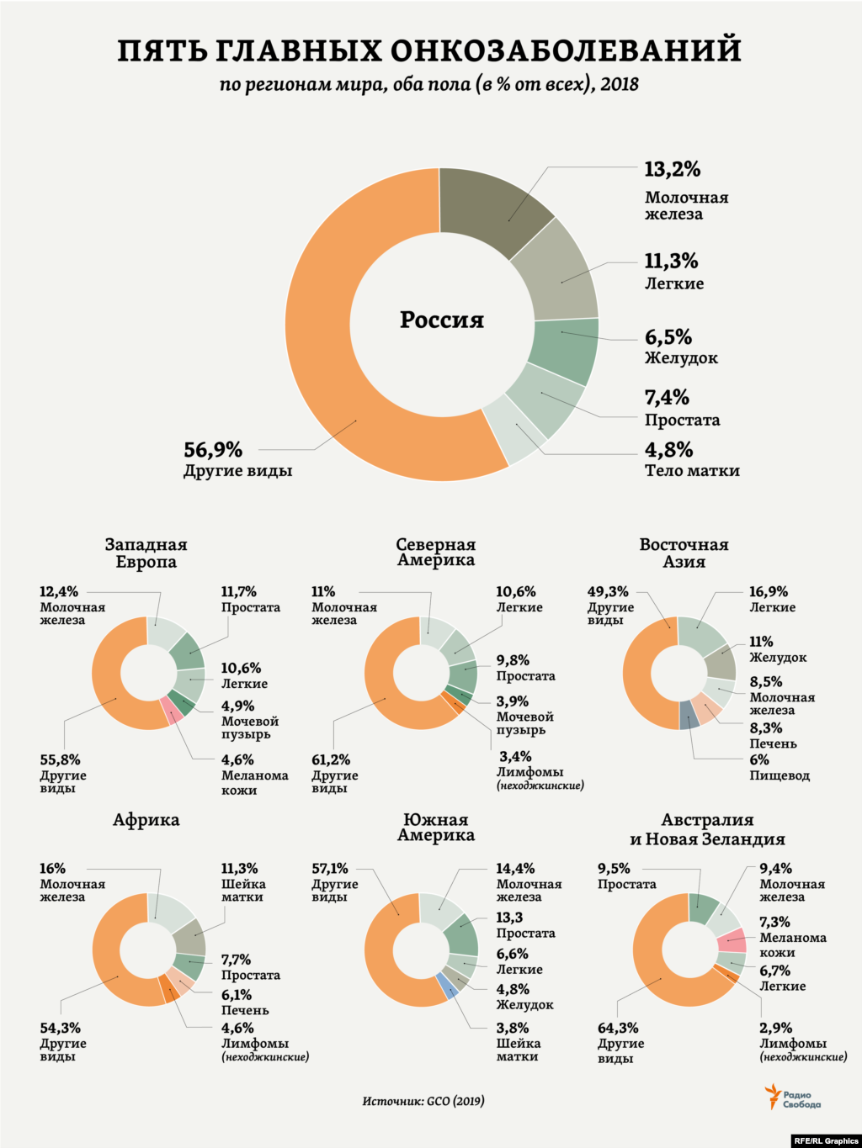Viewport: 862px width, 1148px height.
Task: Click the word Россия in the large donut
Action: click(441, 320)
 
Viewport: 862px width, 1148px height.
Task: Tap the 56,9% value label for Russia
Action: click(213, 450)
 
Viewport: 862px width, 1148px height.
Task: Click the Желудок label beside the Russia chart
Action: click(681, 358)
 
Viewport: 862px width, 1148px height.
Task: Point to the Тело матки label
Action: click(692, 471)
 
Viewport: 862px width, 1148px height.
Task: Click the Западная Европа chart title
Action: click(146, 553)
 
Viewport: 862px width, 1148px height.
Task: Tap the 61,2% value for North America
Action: click(331, 759)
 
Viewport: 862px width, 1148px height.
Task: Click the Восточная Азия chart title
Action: click(684, 553)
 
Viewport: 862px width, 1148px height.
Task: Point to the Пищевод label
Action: click(780, 775)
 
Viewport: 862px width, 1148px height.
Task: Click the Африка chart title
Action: click(146, 820)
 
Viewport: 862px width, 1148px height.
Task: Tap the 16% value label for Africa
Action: click(52, 869)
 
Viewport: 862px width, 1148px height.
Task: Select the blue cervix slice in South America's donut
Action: click(449, 985)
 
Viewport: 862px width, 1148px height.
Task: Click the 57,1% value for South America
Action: click(329, 869)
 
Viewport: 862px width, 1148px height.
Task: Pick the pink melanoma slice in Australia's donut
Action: click(732, 940)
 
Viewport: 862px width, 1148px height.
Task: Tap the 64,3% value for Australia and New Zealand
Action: click(618, 1028)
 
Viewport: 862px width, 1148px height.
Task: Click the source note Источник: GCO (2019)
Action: click(423, 1101)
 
